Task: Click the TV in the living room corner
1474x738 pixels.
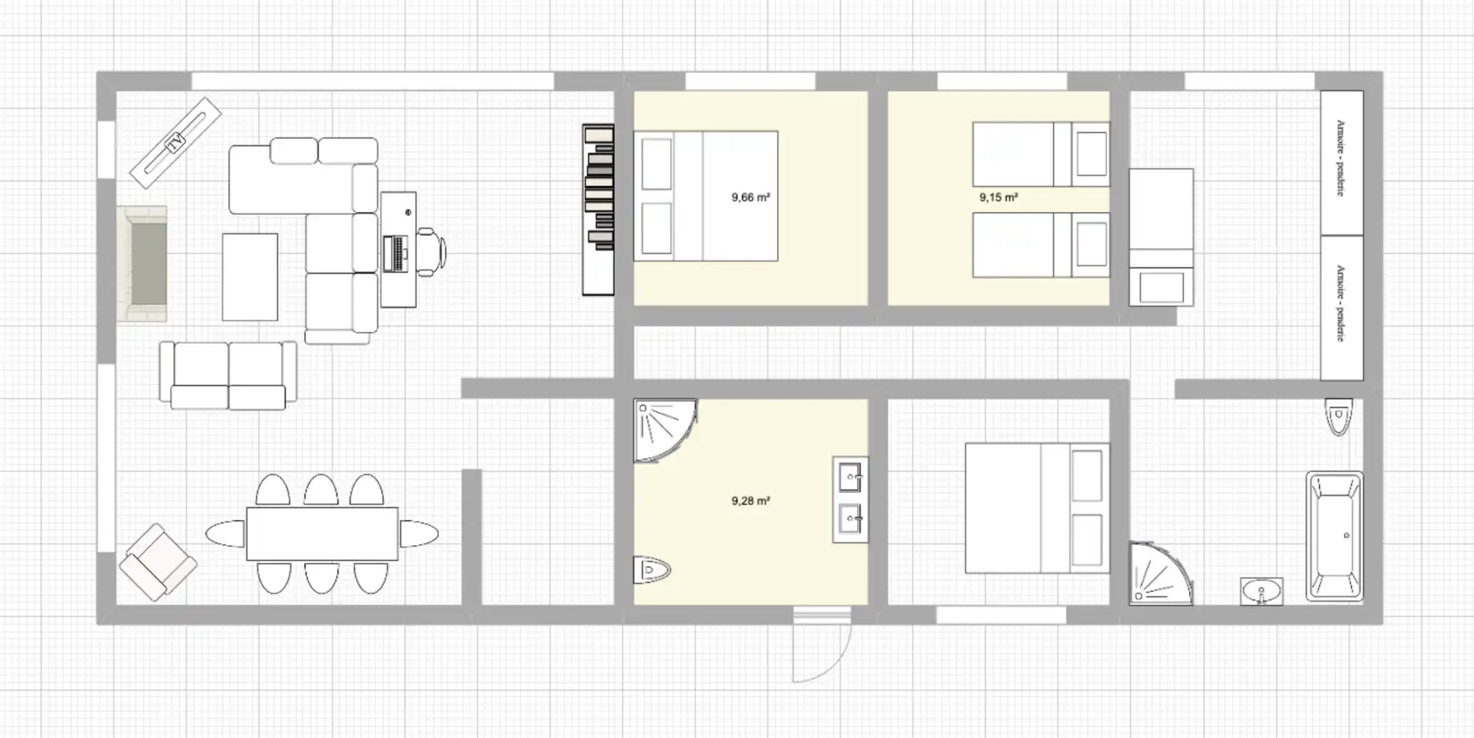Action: click(x=176, y=142)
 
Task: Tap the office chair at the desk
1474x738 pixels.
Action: click(x=431, y=251)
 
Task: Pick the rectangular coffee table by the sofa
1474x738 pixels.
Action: click(x=250, y=277)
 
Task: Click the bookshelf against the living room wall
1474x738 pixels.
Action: click(x=598, y=210)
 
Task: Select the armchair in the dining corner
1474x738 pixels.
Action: click(x=157, y=561)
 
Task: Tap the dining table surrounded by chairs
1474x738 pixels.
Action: click(x=322, y=533)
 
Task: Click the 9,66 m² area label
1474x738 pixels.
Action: click(x=751, y=197)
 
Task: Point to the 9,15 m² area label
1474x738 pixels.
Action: click(x=999, y=197)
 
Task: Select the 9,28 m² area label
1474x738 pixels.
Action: click(x=751, y=501)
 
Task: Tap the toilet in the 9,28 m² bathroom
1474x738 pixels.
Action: click(x=652, y=570)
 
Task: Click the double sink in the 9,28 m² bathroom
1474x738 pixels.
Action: click(x=851, y=500)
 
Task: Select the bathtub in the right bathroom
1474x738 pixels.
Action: click(x=1334, y=536)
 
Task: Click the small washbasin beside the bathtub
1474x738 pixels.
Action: click(x=1261, y=591)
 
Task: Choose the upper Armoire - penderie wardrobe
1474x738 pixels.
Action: click(x=1341, y=163)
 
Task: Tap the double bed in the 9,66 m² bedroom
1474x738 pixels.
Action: click(x=706, y=196)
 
